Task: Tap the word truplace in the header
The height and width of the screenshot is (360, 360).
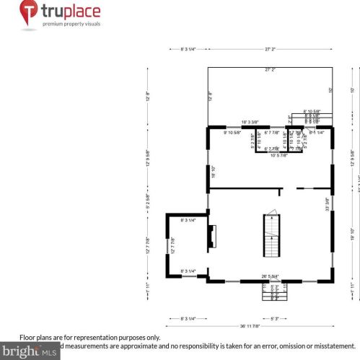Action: [x=70, y=12]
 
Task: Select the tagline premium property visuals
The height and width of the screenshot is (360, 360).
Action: [x=70, y=25]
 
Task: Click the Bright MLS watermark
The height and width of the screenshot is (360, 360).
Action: [x=29, y=353]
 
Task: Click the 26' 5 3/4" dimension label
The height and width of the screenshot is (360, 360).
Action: [x=271, y=276]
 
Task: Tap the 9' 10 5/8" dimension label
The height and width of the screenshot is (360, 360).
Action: [x=234, y=133]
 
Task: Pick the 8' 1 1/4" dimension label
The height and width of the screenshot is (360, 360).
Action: [x=317, y=133]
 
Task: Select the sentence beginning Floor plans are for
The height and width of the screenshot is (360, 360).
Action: [x=89, y=337]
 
